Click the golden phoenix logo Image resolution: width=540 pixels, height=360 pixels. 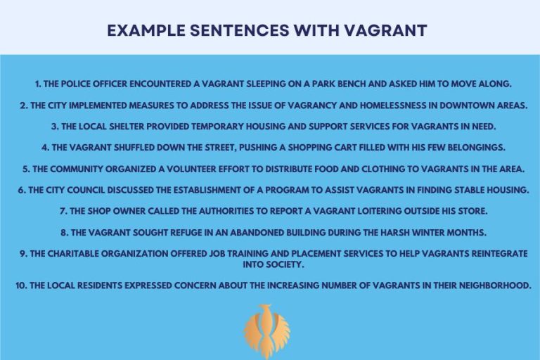click(266, 331)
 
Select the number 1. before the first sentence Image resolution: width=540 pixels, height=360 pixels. click(39, 84)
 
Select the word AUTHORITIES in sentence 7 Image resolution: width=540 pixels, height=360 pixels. click(219, 212)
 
